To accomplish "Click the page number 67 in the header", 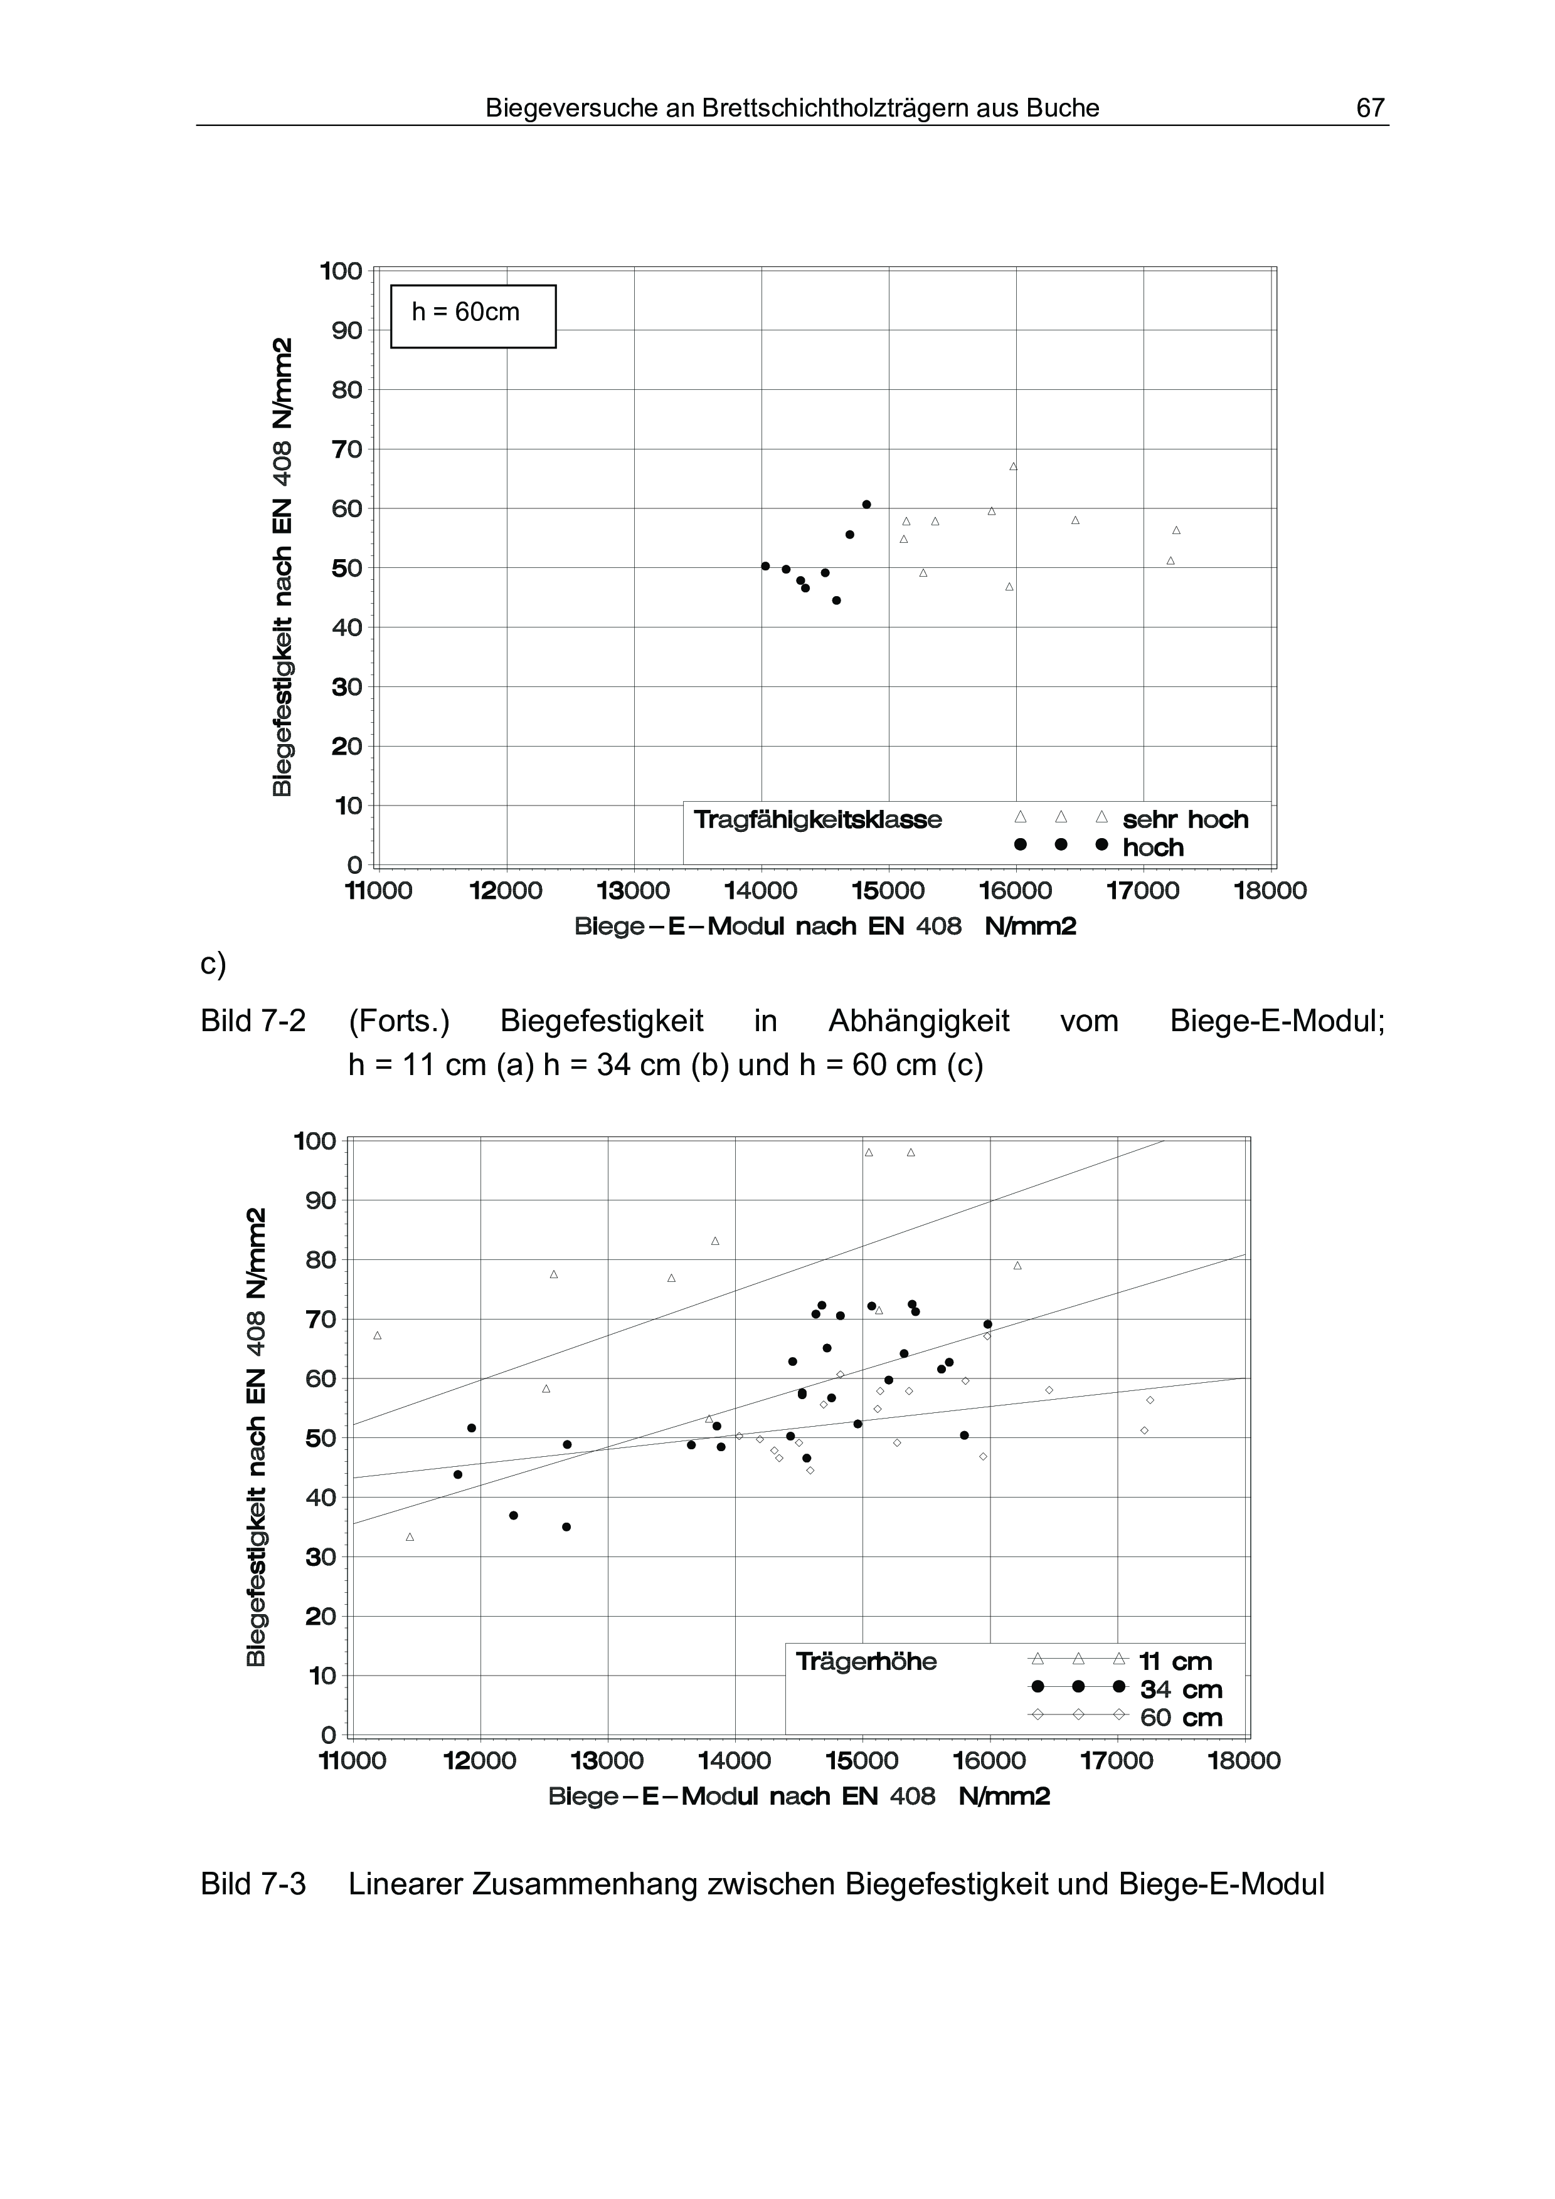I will [x=1370, y=108].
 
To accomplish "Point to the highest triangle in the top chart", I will [x=1012, y=466].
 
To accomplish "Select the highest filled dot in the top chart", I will [x=866, y=505].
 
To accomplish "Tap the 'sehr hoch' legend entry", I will [x=1185, y=820].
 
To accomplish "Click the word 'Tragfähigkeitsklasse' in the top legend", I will [x=817, y=820].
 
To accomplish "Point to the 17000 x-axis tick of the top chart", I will [x=1143, y=891].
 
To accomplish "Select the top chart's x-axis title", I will [x=825, y=927].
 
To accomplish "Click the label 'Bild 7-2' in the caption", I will [x=253, y=1022].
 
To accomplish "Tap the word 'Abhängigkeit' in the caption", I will [x=919, y=1022].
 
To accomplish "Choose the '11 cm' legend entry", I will [x=1176, y=1662].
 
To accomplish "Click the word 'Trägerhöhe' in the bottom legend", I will [x=866, y=1662].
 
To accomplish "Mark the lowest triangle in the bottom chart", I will [x=410, y=1537].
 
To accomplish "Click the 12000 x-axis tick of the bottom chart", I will [x=480, y=1760].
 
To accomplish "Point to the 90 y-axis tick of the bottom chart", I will [x=321, y=1200].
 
